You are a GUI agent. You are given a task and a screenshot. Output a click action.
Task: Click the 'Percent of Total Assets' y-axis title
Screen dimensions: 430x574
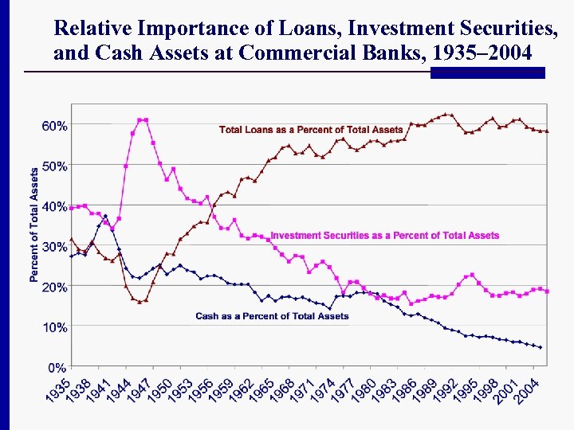coord(34,225)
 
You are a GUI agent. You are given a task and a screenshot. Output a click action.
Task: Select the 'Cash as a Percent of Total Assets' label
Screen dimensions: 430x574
coord(272,316)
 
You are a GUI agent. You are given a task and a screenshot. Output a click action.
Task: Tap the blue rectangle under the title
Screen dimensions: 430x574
coord(487,72)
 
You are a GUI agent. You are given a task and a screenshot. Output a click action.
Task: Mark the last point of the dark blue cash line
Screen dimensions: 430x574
coord(541,347)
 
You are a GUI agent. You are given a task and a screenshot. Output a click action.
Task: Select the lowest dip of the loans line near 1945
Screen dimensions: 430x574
coord(140,302)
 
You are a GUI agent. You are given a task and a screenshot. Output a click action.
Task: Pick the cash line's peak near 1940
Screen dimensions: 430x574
coord(105,216)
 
